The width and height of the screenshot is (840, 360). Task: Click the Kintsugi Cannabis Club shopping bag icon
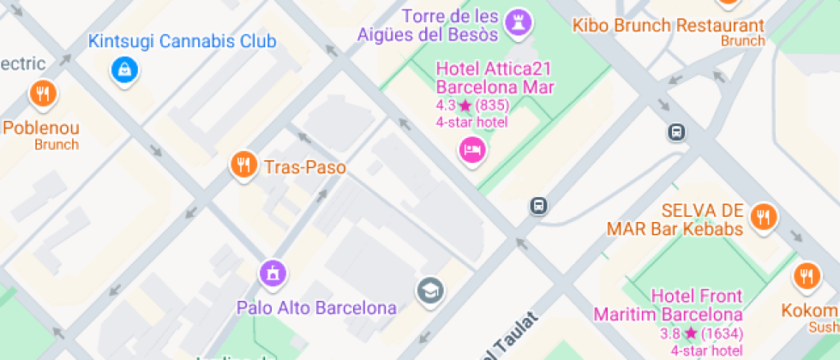click(125, 69)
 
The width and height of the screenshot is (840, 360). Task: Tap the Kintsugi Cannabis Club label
click(183, 41)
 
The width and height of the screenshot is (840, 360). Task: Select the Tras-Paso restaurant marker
click(244, 165)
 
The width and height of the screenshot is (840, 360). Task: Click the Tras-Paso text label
click(305, 167)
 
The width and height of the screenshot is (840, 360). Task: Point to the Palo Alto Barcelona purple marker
click(273, 274)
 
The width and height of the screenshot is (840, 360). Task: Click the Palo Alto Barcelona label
click(317, 308)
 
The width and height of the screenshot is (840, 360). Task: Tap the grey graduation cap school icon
click(429, 291)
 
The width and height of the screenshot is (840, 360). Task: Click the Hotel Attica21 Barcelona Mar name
click(495, 77)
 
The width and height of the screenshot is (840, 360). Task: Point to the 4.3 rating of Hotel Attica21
click(446, 105)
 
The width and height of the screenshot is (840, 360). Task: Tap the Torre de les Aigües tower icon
click(518, 23)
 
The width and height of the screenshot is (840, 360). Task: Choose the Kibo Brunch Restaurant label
click(668, 26)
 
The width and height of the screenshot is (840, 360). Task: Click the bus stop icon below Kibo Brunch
click(676, 132)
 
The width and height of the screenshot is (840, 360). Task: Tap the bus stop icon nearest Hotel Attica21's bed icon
click(538, 206)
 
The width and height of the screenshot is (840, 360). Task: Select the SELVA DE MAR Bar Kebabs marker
click(762, 217)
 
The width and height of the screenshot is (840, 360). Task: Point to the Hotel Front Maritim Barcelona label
click(669, 305)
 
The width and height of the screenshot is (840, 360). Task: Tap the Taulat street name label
click(513, 336)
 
